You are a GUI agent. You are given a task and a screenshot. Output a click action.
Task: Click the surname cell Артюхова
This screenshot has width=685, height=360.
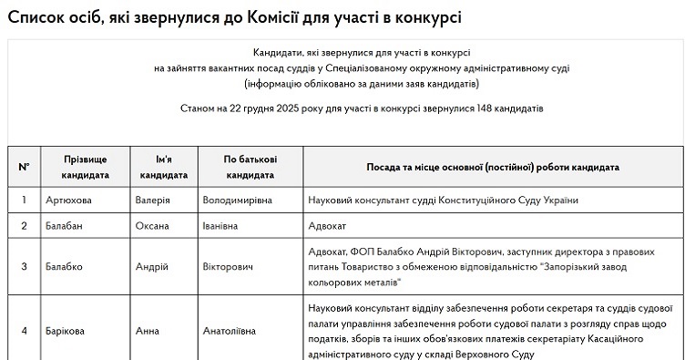[x=67, y=200]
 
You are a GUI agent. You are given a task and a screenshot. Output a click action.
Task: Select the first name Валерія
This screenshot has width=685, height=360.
[x=152, y=200]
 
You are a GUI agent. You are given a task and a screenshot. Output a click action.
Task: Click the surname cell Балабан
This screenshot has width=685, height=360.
[x=65, y=224]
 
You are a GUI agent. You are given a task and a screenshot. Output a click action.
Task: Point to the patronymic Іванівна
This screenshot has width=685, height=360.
[x=223, y=224]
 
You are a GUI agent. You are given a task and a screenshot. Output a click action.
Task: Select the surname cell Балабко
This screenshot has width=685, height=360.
[x=65, y=267]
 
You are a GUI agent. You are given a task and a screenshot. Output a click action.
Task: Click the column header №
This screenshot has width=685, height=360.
[x=24, y=167]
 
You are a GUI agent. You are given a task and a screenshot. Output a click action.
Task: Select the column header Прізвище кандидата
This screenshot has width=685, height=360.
[x=86, y=167]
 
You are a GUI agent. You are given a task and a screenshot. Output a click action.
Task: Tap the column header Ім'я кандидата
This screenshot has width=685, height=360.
[x=164, y=167]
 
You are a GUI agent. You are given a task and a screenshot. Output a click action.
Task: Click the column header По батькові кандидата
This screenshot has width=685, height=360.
[x=250, y=167]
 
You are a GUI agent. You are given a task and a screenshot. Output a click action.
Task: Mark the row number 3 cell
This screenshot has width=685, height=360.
[x=24, y=267]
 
